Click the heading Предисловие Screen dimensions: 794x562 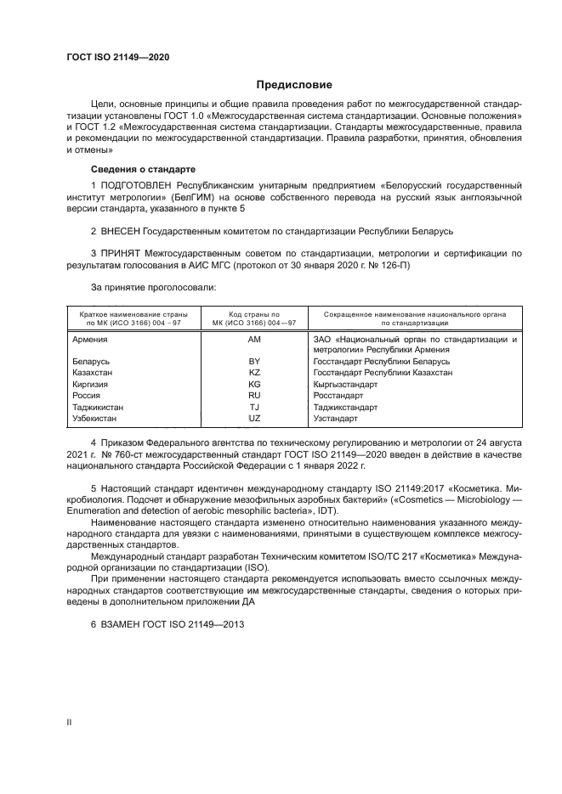pos(295,85)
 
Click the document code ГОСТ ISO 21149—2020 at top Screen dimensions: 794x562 pos(117,57)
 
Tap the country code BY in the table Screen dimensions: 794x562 pos(254,361)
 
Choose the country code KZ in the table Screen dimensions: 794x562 pos(254,372)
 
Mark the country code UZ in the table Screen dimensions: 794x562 pos(254,418)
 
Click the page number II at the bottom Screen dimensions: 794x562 pos(71,721)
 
